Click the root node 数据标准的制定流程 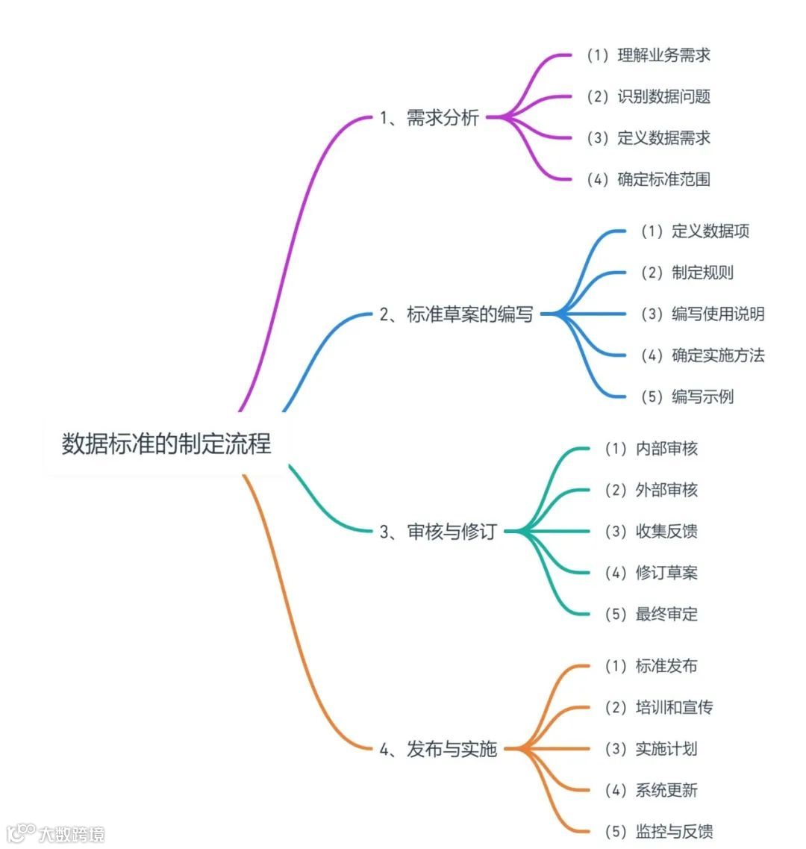tap(166, 444)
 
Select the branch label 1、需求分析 tap(429, 118)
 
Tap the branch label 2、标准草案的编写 tap(456, 314)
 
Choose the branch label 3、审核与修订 tap(437, 532)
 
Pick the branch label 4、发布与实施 tap(437, 749)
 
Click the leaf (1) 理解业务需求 tap(648, 55)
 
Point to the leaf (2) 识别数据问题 tap(648, 96)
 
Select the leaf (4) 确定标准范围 tap(648, 179)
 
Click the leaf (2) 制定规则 tap(687, 273)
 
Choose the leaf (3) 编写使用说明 tap(702, 314)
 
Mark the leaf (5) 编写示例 tap(687, 396)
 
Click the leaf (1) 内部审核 tap(651, 449)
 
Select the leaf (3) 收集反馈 tap(651, 532)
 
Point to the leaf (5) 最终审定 tap(651, 615)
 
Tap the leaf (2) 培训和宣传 tap(658, 707)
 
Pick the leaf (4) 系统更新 tap(651, 790)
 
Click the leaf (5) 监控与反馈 tap(658, 831)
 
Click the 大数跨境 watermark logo tap(55, 833)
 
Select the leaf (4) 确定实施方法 tap(702, 355)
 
